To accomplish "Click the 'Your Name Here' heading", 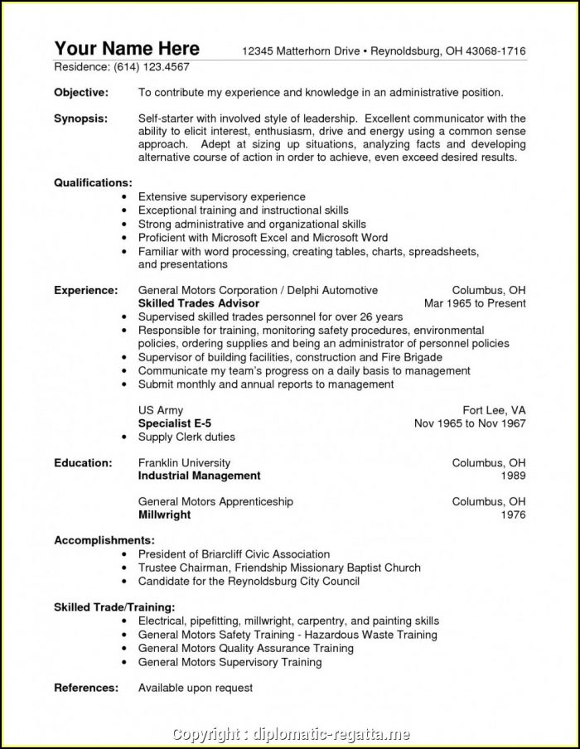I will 127,47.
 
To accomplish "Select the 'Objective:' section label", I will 81,92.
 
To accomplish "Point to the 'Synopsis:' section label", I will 80,118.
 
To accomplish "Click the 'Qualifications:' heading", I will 93,182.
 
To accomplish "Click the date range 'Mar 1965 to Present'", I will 475,303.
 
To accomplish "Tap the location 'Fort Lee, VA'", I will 494,410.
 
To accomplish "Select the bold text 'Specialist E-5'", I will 175,423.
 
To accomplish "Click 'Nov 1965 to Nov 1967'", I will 470,423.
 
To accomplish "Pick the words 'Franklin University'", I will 184,462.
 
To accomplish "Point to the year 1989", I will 513,476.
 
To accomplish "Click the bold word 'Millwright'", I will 164,515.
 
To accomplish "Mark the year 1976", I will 513,515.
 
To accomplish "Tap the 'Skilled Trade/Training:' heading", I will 114,606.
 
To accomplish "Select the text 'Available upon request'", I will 196,687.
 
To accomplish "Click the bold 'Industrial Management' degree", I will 199,476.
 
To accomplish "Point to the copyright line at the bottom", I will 289,732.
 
